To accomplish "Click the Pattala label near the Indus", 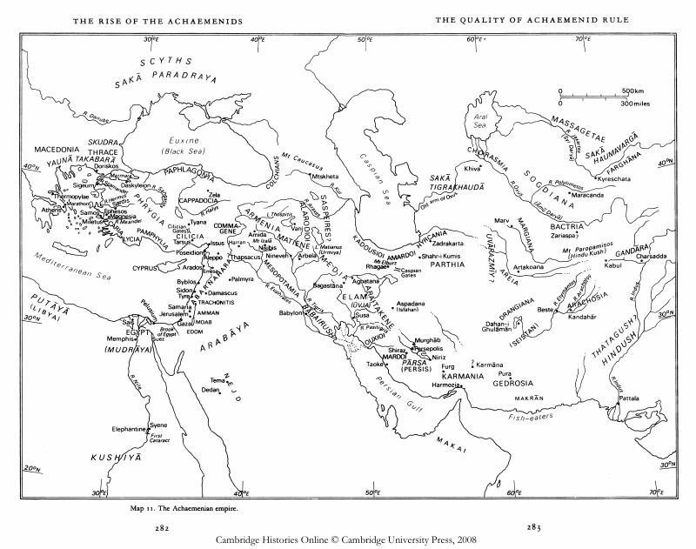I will click(x=629, y=398).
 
